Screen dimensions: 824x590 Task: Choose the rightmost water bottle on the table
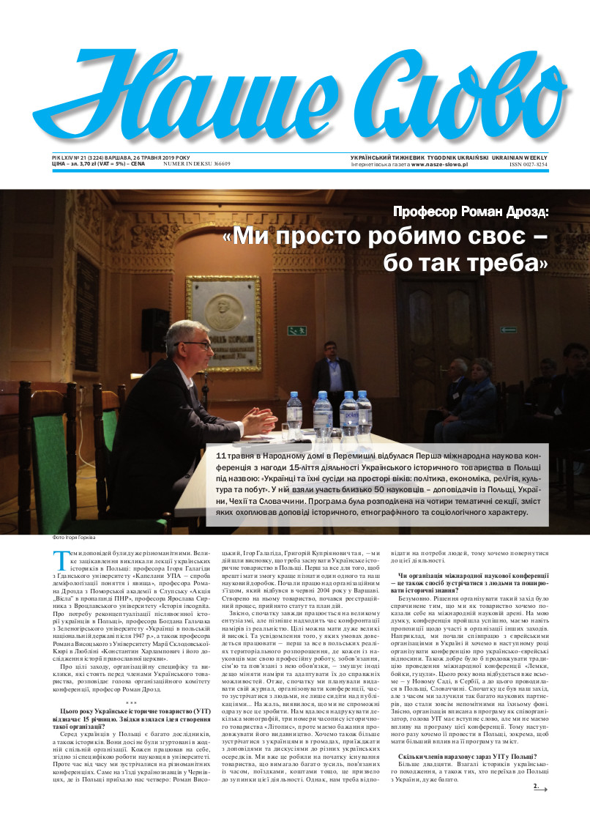363,414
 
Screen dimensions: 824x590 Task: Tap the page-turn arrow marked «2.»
539,788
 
